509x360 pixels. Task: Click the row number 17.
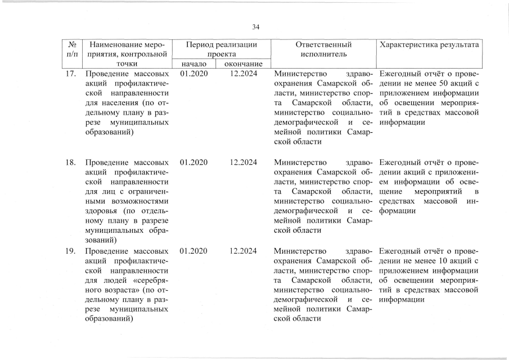pyautogui.click(x=71, y=74)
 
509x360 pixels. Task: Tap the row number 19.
pyautogui.click(x=71, y=251)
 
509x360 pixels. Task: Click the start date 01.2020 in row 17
pyautogui.click(x=194, y=74)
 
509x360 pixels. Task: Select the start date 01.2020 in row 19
pyautogui.click(x=194, y=251)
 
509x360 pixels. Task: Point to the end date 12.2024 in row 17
pyautogui.click(x=244, y=74)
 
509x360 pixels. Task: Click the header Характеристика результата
pyautogui.click(x=429, y=44)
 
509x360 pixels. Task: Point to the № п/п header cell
pyautogui.click(x=71, y=49)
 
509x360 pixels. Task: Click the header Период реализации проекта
pyautogui.click(x=222, y=49)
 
